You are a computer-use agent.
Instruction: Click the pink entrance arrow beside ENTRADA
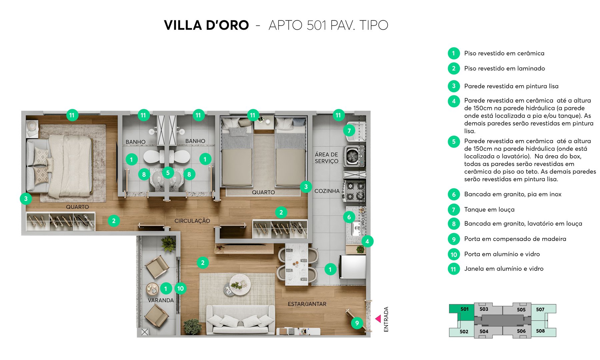[x=378, y=319]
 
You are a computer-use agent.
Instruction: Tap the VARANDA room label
[x=161, y=300]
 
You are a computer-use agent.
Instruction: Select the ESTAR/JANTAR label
[x=307, y=304]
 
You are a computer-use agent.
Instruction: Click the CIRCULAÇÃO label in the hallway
[x=192, y=221]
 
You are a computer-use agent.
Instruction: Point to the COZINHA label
[x=327, y=191]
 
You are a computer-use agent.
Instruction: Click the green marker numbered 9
[x=357, y=323]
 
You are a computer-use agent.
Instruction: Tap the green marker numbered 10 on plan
[x=180, y=288]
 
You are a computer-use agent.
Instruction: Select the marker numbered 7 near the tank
[x=349, y=130]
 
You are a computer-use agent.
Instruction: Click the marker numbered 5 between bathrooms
[x=168, y=173]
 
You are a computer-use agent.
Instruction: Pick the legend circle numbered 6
[x=454, y=194]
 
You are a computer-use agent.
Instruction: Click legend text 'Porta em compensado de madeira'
[x=515, y=239]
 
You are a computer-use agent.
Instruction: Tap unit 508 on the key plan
[x=540, y=331]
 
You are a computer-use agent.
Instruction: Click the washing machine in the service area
[x=354, y=156]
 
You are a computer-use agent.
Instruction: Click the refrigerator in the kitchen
[x=353, y=267]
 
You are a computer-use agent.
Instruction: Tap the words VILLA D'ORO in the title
[x=206, y=25]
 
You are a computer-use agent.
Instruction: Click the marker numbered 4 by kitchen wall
[x=367, y=241]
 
